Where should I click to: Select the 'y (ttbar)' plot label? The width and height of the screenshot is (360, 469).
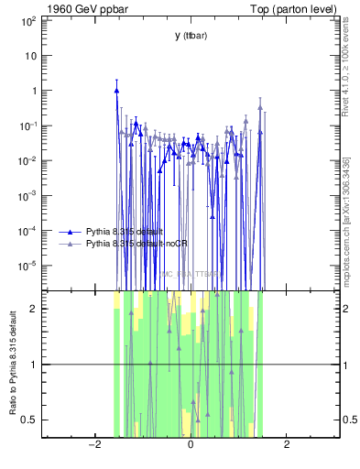click(190, 36)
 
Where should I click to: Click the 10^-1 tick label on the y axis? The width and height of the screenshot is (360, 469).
click(27, 125)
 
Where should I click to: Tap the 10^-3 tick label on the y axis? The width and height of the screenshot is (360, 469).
click(27, 196)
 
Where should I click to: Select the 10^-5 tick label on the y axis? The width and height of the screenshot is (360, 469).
click(27, 266)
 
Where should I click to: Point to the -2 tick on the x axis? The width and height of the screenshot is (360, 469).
click(93, 445)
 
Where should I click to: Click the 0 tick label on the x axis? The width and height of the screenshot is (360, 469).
click(190, 445)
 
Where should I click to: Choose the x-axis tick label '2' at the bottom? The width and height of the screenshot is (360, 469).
click(287, 445)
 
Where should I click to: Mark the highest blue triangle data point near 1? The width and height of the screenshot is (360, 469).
click(117, 91)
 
